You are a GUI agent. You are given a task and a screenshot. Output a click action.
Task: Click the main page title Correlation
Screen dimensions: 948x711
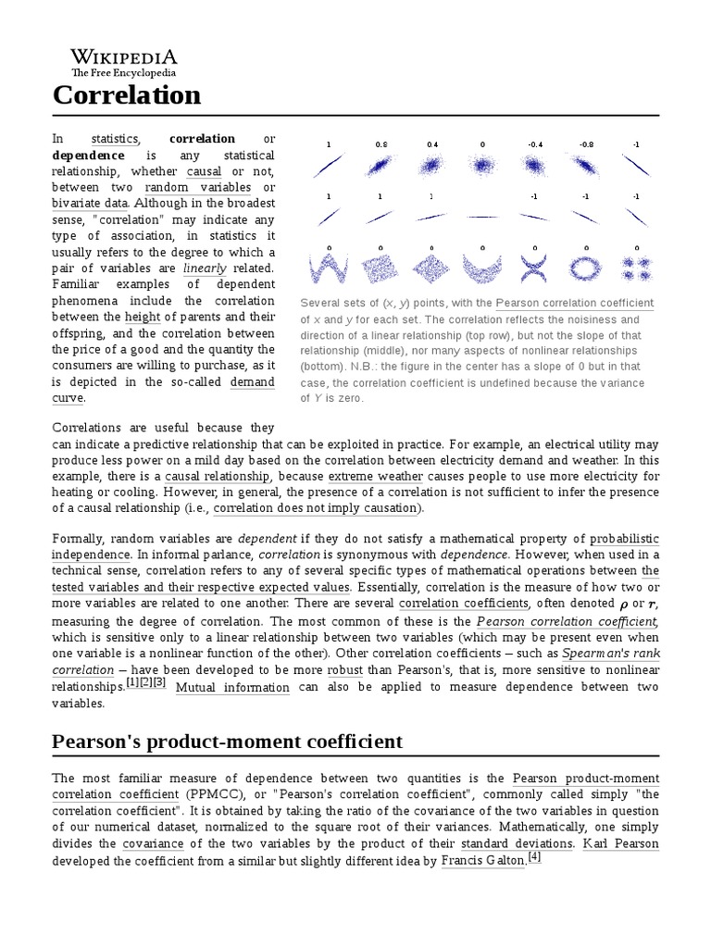click(126, 94)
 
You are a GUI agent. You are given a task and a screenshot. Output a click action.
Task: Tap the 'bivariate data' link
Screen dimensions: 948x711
click(92, 203)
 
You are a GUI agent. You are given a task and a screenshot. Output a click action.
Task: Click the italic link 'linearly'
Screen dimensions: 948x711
click(205, 268)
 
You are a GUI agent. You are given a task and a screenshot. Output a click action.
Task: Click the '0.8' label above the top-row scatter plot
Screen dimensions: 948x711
click(380, 144)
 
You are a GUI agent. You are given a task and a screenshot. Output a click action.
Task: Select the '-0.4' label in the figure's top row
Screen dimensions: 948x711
click(534, 144)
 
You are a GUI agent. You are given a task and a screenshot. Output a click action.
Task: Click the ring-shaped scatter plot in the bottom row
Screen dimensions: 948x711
click(586, 269)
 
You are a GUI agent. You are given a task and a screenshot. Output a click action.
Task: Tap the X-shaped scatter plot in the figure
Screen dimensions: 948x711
click(534, 269)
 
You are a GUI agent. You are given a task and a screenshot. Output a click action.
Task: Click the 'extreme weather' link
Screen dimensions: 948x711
click(368, 476)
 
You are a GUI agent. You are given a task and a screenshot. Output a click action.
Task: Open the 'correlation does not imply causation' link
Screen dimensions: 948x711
click(316, 508)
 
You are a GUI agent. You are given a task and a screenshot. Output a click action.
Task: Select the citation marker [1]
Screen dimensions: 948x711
click(131, 682)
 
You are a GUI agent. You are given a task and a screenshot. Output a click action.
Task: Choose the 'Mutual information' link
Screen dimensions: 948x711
click(232, 687)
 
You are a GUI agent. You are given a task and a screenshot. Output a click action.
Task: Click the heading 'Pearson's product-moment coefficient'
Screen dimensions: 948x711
click(227, 741)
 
